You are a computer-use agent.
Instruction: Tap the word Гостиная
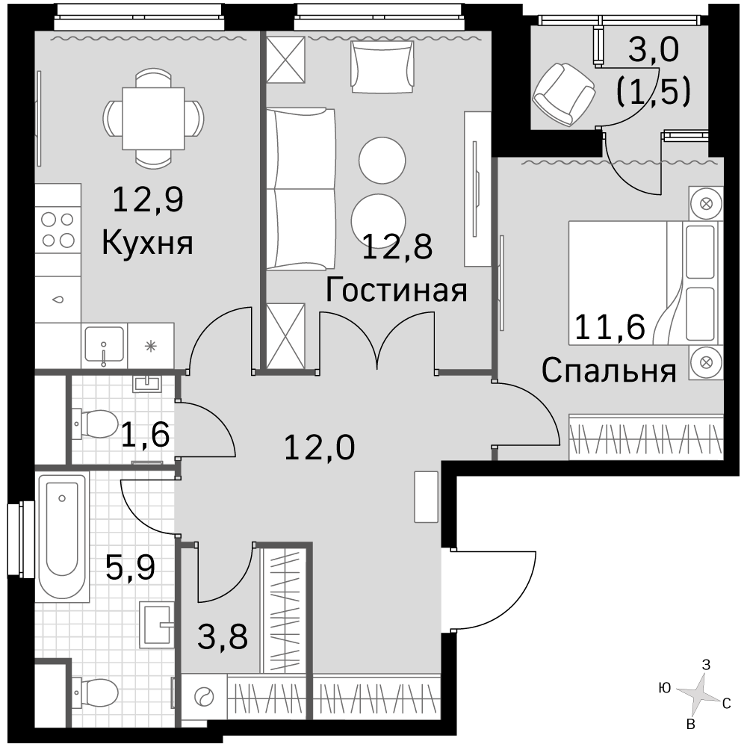[397, 290]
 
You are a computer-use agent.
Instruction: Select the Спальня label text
[609, 371]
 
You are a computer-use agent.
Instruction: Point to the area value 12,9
[148, 199]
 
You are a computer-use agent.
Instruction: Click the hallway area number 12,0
[319, 447]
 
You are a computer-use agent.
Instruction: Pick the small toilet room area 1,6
[146, 435]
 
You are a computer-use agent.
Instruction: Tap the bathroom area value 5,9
[130, 567]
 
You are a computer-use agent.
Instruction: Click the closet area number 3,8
[223, 636]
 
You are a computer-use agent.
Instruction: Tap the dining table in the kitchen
[153, 119]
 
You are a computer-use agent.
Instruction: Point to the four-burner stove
[58, 229]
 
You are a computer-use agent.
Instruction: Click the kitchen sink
[105, 344]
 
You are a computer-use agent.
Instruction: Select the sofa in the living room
[301, 190]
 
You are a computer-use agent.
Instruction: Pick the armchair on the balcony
[563, 94]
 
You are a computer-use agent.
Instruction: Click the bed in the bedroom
[643, 282]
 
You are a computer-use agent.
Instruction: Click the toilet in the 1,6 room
[96, 423]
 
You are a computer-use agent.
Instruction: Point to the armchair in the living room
[382, 66]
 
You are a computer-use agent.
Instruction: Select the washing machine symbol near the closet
[205, 697]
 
